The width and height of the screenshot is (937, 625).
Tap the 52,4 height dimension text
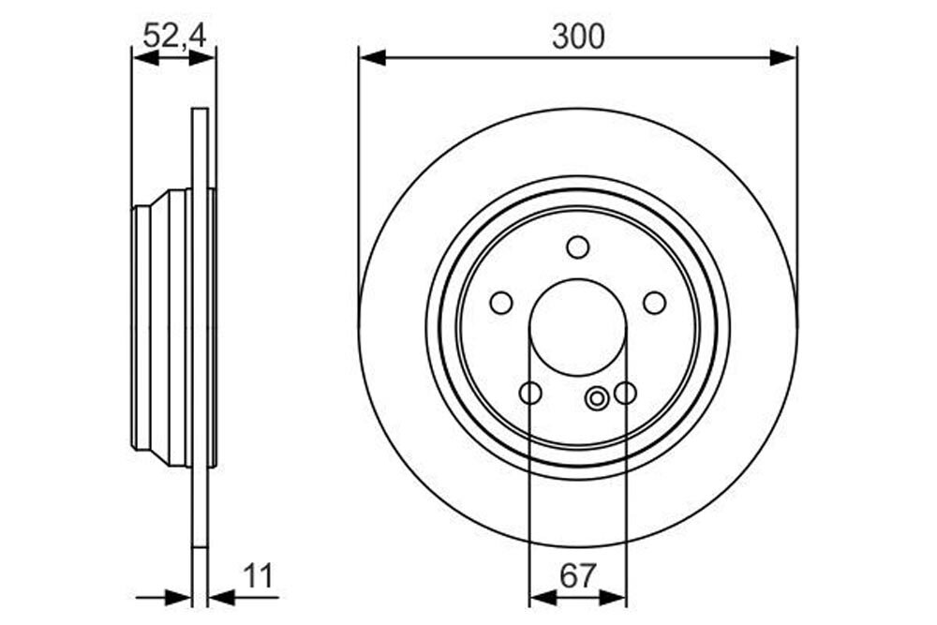174,36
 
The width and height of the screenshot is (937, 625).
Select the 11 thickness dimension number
258,576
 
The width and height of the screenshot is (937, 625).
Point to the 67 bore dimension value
578,576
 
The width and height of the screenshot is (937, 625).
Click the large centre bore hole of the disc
578,327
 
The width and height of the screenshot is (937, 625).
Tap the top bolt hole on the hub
578,246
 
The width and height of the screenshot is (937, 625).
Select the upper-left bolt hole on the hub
500,303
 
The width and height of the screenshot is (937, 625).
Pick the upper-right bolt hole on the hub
655,303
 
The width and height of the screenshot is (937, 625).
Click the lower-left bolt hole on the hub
530,394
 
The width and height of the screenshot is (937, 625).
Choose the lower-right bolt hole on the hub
625,394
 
